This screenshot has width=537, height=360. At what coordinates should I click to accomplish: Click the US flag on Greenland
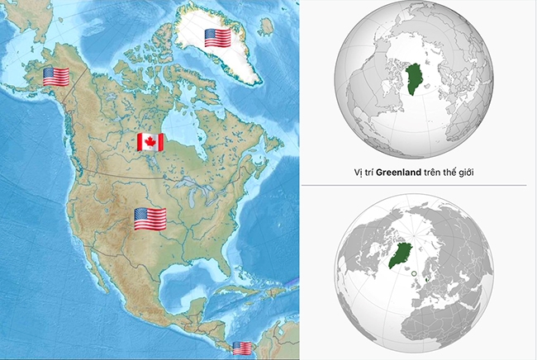(x=217, y=37)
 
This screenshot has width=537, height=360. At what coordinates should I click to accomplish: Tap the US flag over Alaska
(x=56, y=77)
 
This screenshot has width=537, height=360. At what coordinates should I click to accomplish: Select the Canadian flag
(x=150, y=142)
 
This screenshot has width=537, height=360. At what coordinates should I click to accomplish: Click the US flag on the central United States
(x=150, y=219)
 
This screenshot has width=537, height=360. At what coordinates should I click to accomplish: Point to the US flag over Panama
(x=242, y=348)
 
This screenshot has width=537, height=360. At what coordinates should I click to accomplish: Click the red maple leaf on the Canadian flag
(x=150, y=142)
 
